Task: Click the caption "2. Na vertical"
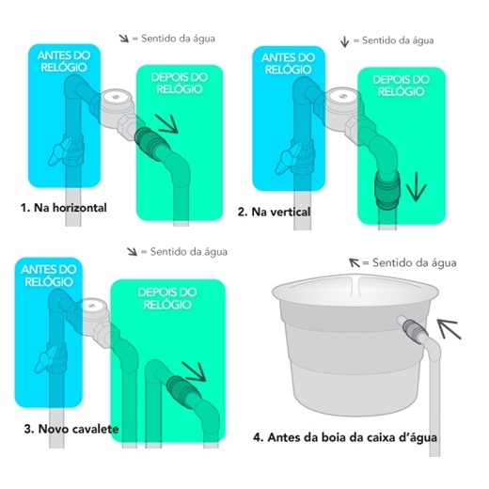click(x=274, y=212)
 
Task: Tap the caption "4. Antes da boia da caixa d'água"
click(x=345, y=437)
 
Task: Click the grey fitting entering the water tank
click(x=411, y=328)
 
